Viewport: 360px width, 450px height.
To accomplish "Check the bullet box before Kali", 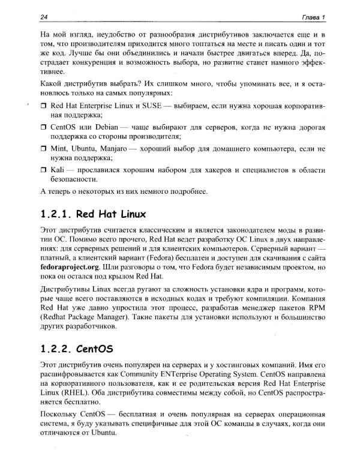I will click(43, 171).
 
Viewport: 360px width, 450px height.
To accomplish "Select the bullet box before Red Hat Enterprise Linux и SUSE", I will click(43, 106).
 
